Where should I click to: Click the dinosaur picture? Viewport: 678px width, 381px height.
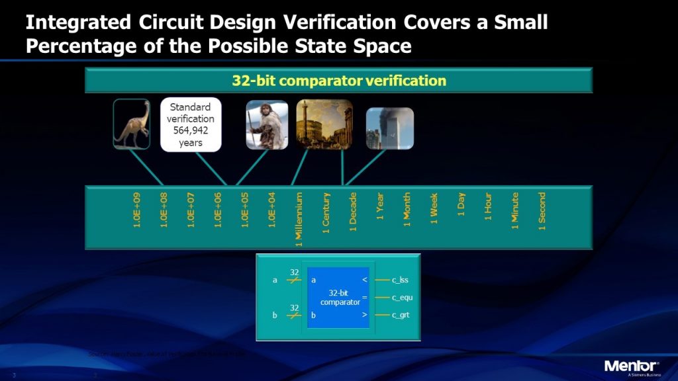pyautogui.click(x=131, y=123)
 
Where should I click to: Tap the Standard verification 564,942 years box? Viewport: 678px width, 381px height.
pyautogui.click(x=191, y=124)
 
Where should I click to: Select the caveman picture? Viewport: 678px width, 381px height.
pyautogui.click(x=267, y=124)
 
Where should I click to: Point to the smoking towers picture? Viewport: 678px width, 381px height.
pyautogui.click(x=389, y=128)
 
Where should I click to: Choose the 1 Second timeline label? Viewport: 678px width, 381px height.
pyautogui.click(x=542, y=211)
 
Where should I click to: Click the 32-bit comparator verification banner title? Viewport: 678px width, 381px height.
pyautogui.click(x=339, y=81)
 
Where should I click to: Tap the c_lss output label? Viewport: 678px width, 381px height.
pyautogui.click(x=400, y=280)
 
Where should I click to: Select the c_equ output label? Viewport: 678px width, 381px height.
pyautogui.click(x=402, y=298)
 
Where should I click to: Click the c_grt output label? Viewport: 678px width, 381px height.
pyautogui.click(x=401, y=315)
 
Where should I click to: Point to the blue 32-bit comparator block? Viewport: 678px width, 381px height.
pyautogui.click(x=338, y=297)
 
